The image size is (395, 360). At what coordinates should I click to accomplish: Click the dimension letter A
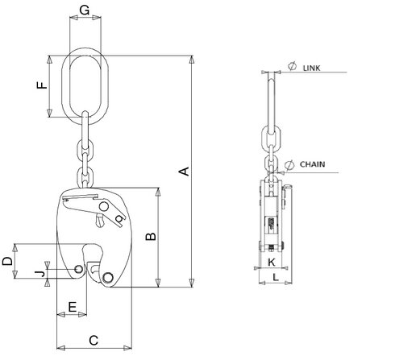coord(183,171)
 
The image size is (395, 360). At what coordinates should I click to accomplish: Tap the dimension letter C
coord(93,340)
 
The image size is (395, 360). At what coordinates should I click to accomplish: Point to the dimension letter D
coord(6,261)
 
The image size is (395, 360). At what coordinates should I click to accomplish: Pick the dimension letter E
coord(72,307)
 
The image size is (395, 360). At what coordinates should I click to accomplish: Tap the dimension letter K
coord(271,263)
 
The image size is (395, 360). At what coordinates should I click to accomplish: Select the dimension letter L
coord(276,277)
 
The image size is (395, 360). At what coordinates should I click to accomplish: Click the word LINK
coord(313,70)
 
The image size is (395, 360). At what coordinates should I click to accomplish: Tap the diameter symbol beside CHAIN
coord(289,161)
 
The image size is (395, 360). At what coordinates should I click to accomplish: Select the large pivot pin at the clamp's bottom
coord(108,278)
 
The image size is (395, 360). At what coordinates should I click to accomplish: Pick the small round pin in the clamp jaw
coord(78,269)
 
